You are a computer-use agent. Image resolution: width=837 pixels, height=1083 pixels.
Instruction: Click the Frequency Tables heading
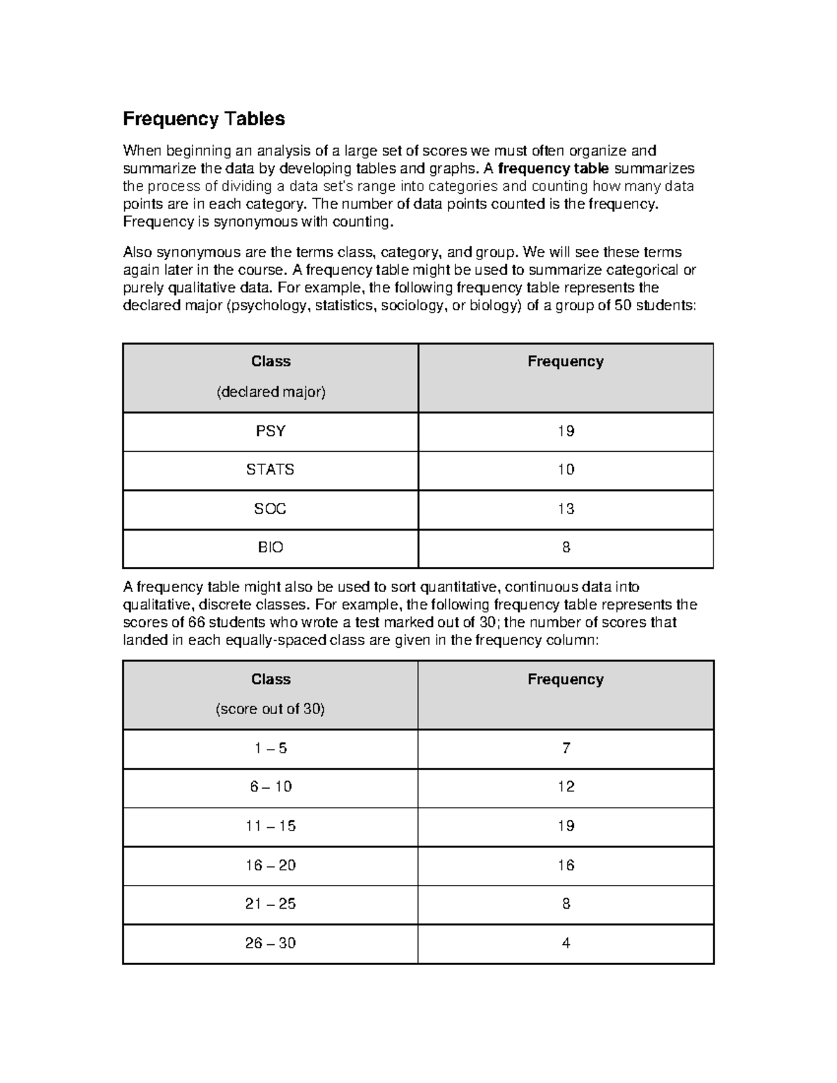[x=204, y=119]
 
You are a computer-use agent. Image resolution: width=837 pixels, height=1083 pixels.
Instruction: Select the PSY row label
[x=271, y=431]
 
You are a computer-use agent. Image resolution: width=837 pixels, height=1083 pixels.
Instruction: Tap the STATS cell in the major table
[x=271, y=469]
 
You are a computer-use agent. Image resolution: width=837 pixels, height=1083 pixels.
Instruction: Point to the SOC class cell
[x=271, y=509]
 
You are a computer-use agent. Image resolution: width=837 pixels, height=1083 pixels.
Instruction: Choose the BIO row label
[x=271, y=547]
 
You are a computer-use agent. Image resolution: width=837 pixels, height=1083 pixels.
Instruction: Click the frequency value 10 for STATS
[x=566, y=469]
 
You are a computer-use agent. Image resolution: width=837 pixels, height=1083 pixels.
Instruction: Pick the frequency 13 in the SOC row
[x=566, y=509]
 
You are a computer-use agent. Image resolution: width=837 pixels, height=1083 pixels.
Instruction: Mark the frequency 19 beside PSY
[x=566, y=431]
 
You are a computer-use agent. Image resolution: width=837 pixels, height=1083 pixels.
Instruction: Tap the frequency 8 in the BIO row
[x=566, y=547]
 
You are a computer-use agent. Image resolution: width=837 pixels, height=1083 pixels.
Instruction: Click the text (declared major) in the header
[x=271, y=392]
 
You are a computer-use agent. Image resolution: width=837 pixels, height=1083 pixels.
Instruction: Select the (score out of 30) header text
[x=271, y=709]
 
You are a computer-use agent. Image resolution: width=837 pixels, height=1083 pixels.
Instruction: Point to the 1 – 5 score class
[x=271, y=748]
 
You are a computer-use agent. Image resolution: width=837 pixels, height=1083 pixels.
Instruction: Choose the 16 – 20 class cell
[x=271, y=865]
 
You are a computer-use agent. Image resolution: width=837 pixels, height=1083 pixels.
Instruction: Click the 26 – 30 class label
[x=271, y=943]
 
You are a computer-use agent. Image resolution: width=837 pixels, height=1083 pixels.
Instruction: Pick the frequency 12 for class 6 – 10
[x=566, y=787]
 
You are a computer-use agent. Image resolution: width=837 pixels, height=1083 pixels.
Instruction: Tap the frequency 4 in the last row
[x=566, y=943]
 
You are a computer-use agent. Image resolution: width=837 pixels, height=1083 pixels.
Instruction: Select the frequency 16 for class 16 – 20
[x=566, y=865]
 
